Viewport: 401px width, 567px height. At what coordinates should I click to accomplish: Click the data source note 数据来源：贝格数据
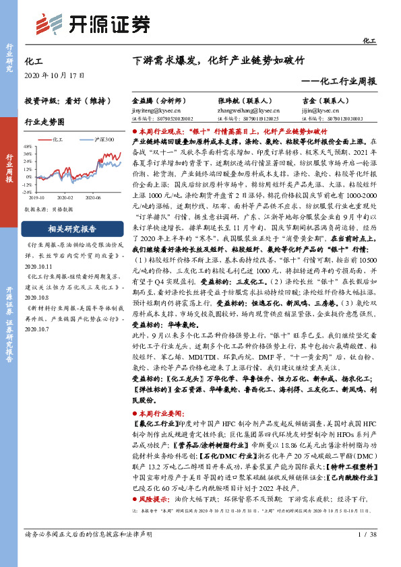(x=49, y=210)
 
